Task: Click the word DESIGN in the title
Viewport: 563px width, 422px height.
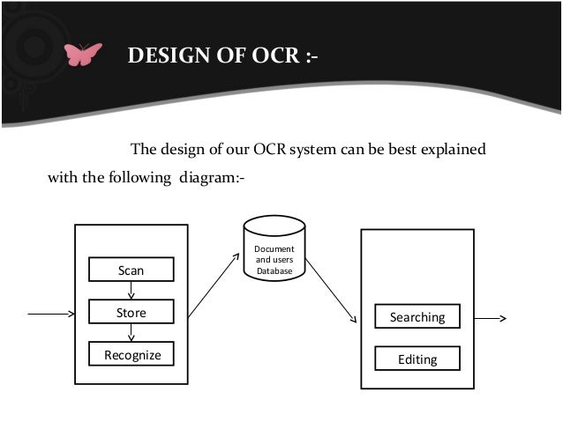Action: click(x=165, y=58)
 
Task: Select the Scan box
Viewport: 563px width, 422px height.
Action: click(x=131, y=270)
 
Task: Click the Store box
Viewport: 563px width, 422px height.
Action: click(x=131, y=313)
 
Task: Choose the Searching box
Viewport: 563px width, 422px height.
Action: click(x=417, y=316)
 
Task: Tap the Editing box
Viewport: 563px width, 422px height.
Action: click(x=417, y=359)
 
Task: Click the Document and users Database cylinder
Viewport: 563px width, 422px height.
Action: click(x=274, y=255)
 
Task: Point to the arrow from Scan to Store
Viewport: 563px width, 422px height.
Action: click(x=131, y=292)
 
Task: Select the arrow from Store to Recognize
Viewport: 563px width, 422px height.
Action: click(x=131, y=333)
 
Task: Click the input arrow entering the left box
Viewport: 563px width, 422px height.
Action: click(x=51, y=312)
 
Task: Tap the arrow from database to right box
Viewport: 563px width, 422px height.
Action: click(x=331, y=291)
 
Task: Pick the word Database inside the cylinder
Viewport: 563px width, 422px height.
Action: click(x=274, y=270)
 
